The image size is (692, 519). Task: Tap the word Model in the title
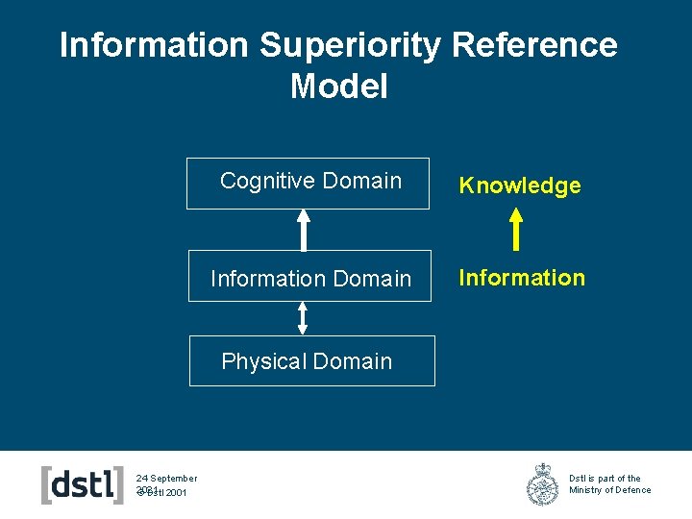coord(338,86)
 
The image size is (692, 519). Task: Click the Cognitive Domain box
coord(309,183)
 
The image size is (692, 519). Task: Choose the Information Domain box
coord(309,276)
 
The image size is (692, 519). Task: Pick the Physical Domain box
coord(311,360)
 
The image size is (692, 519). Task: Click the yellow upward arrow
coord(516,230)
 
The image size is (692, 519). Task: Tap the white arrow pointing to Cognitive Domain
coord(304,230)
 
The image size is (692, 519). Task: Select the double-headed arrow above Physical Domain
coord(303,318)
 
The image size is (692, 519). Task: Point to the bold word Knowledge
coord(520,185)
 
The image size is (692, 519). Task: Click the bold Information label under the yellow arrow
coord(521,278)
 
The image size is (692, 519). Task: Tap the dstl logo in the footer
coord(83,484)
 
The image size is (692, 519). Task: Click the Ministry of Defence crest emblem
coord(543,484)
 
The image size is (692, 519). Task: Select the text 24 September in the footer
coord(166,478)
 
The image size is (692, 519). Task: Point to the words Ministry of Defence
coord(609,490)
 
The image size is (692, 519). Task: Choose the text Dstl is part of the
coord(605,478)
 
